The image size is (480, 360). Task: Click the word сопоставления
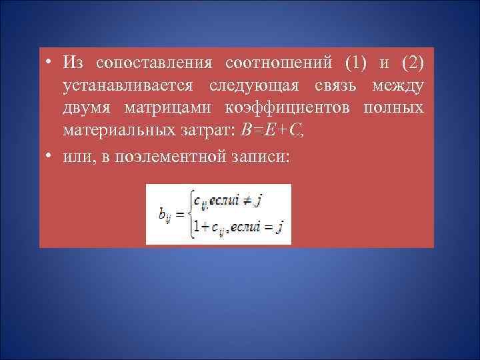point(154,63)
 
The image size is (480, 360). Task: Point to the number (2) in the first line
point(411,63)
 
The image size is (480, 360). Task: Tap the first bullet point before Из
point(51,63)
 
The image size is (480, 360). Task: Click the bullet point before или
point(51,156)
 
